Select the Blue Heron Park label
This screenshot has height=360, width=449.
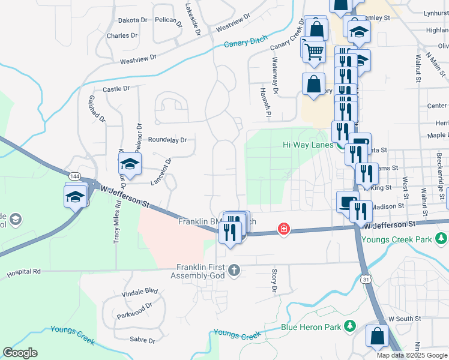[x=311, y=328]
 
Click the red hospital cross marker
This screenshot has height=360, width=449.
[x=283, y=229]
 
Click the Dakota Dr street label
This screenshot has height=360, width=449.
[x=132, y=20]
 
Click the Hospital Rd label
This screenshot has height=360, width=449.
[x=23, y=272]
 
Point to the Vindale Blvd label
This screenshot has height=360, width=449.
[x=139, y=292]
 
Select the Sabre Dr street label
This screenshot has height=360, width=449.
[x=142, y=341]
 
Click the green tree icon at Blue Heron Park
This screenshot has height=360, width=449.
[x=350, y=327]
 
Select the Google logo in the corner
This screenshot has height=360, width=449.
[x=20, y=353]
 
